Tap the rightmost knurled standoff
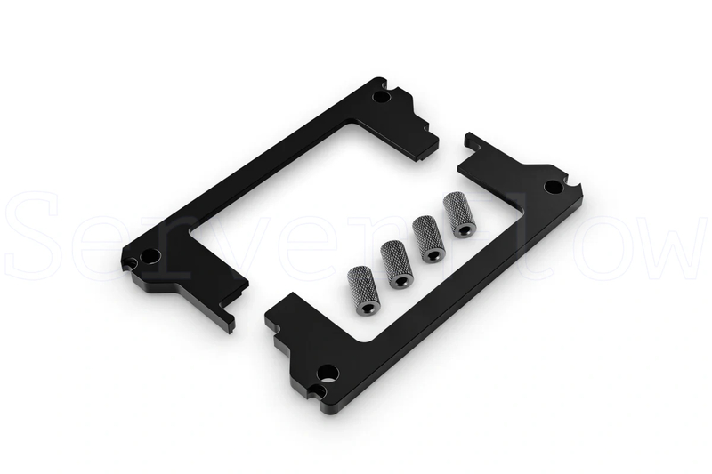coord(461,215)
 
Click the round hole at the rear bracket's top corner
coord(380,94)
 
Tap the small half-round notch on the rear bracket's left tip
coord(131,263)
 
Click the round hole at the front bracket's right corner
coord(553,188)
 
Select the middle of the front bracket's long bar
coord(445,285)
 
